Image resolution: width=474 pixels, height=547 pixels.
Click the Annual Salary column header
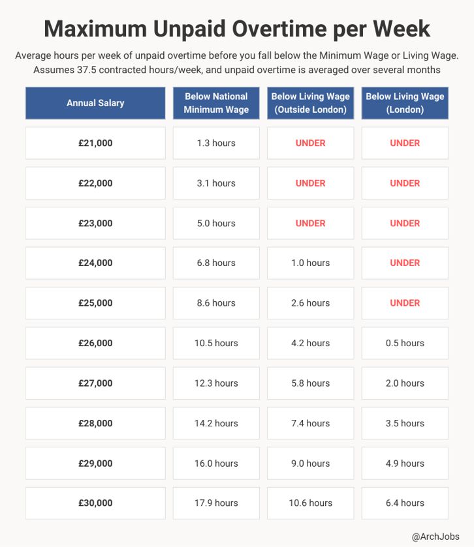coord(95,103)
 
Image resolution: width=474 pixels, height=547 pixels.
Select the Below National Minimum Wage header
coord(216,103)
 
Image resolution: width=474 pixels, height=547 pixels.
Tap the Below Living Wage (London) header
coord(405,103)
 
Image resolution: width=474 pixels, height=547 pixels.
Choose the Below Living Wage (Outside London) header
coord(310,103)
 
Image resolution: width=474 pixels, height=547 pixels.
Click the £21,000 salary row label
coord(95,143)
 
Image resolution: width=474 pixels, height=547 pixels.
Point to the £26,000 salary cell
coord(95,343)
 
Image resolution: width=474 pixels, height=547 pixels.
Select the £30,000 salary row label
coord(95,503)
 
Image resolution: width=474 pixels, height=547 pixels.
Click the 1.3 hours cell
coord(216,143)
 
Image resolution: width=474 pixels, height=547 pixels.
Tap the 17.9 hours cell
coord(216,503)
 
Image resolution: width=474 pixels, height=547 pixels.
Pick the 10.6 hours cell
coord(310,503)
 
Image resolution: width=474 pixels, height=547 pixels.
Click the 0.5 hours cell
coord(405,343)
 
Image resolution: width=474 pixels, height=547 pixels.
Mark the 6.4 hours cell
coord(405,503)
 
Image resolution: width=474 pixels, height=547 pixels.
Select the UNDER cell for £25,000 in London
coord(405,303)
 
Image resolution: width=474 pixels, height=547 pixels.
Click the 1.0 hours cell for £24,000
coord(310,263)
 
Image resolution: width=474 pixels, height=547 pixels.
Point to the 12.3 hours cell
coord(216,383)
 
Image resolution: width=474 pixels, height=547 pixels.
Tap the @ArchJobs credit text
coord(435,536)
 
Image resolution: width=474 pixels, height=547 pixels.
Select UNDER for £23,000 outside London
coord(310,223)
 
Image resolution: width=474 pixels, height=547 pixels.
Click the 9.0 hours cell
coord(310,464)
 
